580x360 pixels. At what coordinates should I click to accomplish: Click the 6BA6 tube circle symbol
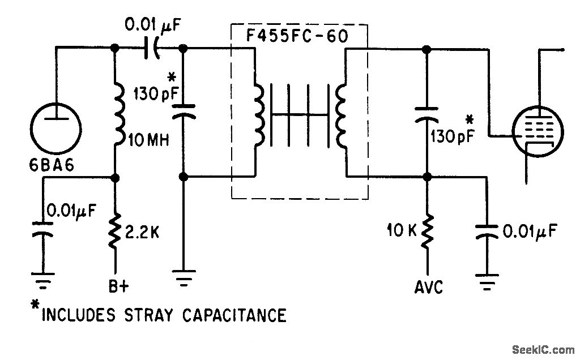coord(55,124)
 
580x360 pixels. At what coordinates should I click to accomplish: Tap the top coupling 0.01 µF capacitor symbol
coord(152,49)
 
